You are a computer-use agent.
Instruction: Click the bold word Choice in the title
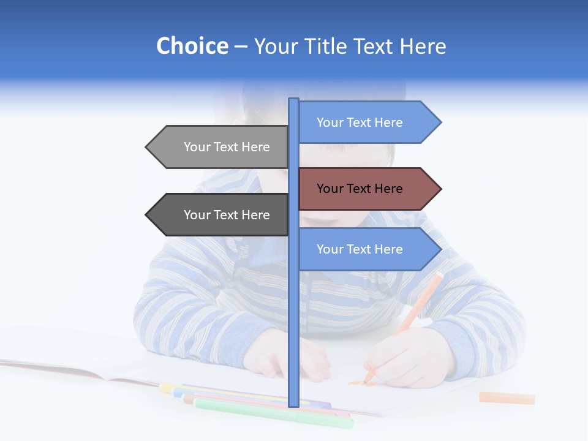point(192,46)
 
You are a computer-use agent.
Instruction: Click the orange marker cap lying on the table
point(507,398)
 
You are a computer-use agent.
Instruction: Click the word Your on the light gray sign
point(197,147)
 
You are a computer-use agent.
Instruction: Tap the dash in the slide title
point(241,47)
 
